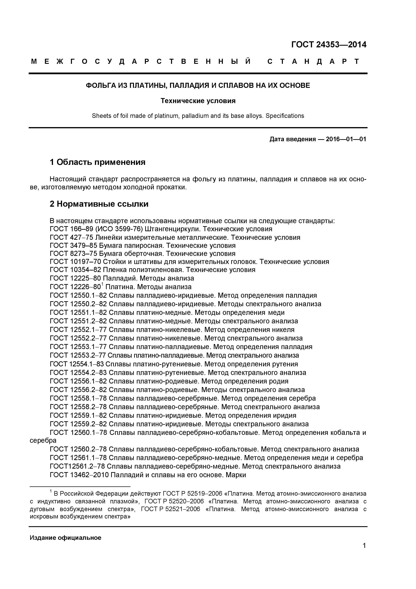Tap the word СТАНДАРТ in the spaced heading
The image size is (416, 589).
[x=314, y=62]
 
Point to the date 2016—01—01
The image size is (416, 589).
[x=346, y=139]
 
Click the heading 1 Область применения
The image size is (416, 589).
[x=98, y=162]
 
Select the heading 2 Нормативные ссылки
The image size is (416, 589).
[x=99, y=204]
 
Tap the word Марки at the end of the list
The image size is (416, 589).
[x=236, y=475]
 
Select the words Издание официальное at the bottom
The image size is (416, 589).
[x=66, y=538]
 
